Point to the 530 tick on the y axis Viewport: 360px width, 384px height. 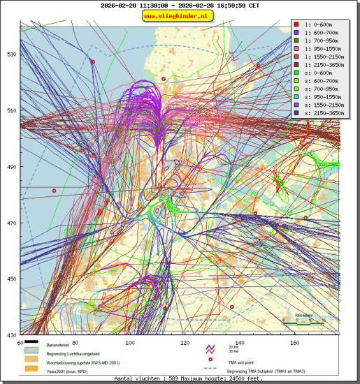[12, 54]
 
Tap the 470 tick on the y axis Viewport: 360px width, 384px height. [12, 223]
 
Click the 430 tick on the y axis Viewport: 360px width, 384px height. [12, 335]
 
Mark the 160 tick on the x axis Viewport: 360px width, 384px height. [294, 343]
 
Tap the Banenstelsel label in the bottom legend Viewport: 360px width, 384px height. [59, 346]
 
